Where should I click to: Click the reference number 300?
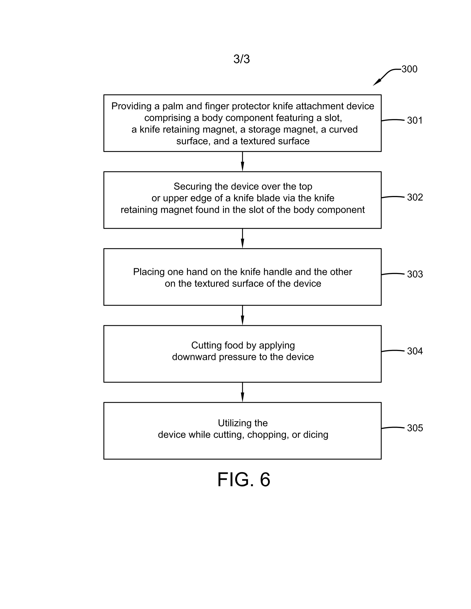coord(409,69)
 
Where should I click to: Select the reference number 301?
coord(415,120)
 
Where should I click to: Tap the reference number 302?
coord(415,197)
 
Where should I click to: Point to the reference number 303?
coord(415,274)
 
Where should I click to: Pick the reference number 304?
coord(415,351)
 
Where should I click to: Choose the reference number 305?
coord(415,428)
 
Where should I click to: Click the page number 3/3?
coord(242,59)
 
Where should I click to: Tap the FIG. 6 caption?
coord(244,480)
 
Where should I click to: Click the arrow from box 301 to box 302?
coord(242,162)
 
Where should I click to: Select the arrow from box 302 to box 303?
coord(242,239)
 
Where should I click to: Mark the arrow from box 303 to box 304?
coord(242,315)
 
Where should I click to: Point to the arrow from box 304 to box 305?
coord(242,392)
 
